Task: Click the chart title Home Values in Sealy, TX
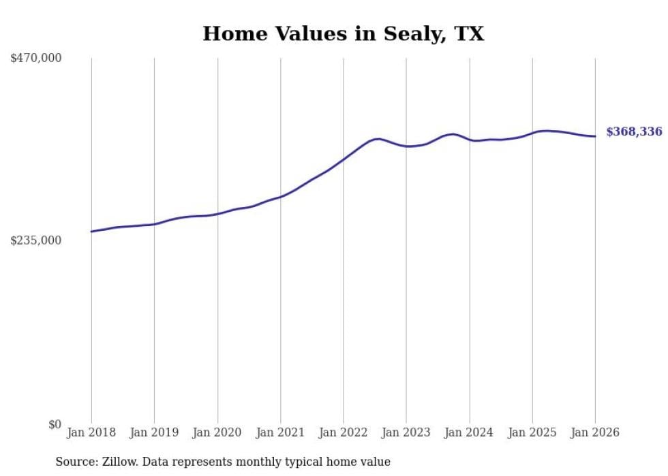343,33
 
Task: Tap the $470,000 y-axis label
36,59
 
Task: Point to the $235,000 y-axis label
36,240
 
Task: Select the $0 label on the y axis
55,424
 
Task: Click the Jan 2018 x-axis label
91,432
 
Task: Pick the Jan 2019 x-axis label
154,432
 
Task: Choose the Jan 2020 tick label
217,432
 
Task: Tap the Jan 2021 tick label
280,432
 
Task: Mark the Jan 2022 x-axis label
344,432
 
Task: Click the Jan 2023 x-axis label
406,432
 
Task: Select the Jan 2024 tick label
469,432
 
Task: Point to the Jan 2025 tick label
532,432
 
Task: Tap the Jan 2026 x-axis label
595,432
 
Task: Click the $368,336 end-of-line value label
634,132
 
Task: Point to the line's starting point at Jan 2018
91,232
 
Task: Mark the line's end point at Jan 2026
595,136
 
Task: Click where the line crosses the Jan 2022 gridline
344,158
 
